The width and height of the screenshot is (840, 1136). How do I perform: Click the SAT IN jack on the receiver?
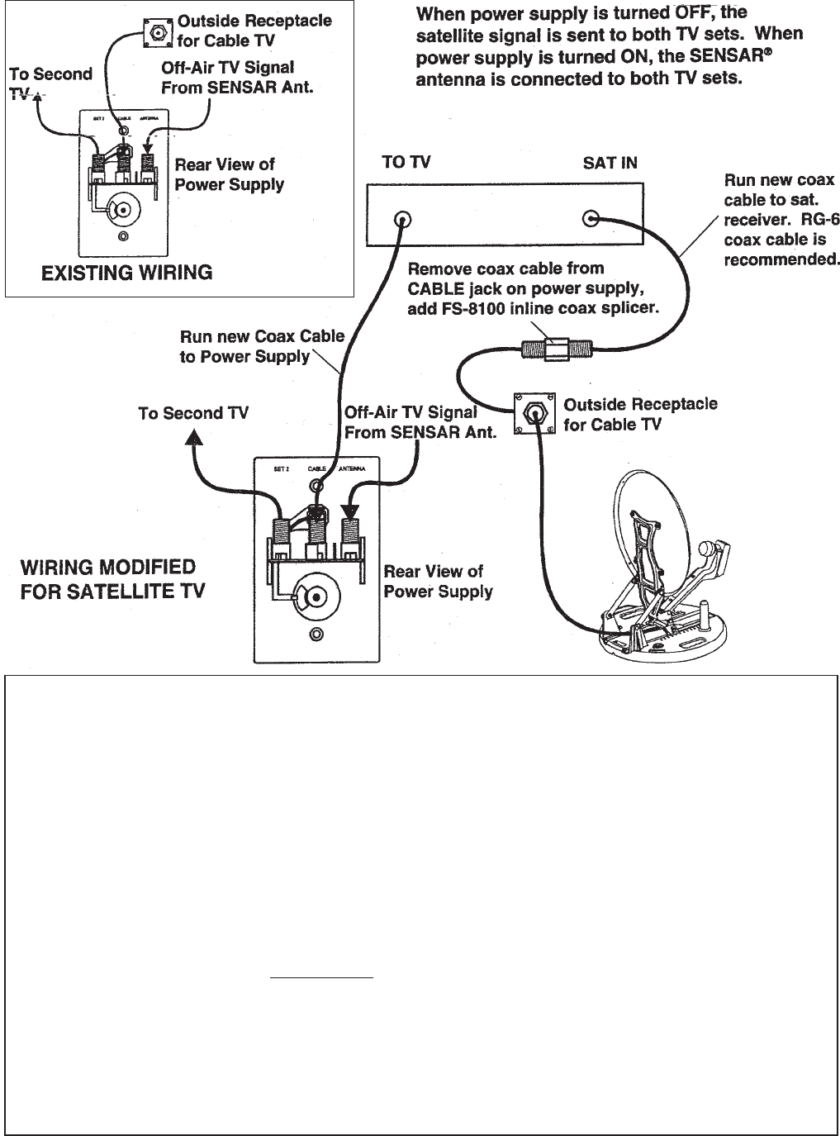(591, 219)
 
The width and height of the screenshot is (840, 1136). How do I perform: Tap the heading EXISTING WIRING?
(126, 273)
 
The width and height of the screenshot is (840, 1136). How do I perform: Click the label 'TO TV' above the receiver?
(406, 163)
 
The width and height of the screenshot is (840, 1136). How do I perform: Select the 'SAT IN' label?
(610, 163)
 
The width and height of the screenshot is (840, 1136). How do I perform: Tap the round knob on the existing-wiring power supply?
(123, 211)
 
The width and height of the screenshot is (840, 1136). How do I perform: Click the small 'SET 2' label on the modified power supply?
(281, 468)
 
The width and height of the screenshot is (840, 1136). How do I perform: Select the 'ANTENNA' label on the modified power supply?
(352, 468)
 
